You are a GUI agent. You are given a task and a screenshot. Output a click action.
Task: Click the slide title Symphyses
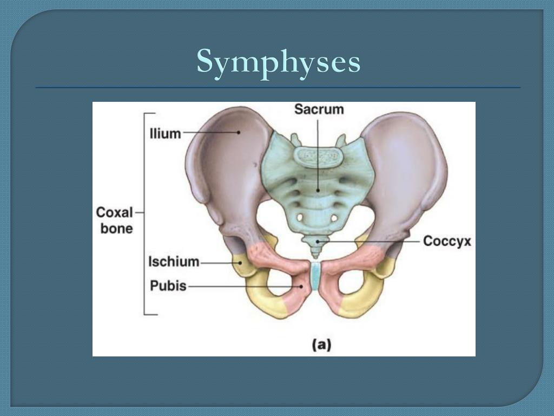pos(278,61)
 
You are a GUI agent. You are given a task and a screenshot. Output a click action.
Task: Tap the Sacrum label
pos(319,109)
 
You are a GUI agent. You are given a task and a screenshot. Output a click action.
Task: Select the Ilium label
pos(165,133)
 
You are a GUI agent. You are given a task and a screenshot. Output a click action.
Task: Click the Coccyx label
pos(447,241)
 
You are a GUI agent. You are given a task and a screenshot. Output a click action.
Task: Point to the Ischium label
pos(174,262)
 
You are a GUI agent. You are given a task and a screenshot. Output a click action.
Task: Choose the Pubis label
pos(168,285)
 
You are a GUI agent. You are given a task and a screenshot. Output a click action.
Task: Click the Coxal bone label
pos(115,220)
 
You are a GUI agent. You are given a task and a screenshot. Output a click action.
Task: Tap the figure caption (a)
pos(322,344)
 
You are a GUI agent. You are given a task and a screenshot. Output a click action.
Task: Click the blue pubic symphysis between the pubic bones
pos(315,276)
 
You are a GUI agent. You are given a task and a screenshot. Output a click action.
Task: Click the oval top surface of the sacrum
pos(319,156)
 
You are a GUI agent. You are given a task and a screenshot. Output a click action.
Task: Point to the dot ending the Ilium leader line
pos(238,132)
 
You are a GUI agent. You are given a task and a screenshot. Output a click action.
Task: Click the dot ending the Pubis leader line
pos(301,285)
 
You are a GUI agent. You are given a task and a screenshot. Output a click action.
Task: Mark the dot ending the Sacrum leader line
pos(319,190)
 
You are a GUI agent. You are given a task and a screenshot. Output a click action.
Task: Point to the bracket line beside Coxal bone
pos(144,213)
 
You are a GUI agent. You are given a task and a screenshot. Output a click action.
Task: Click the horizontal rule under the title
pos(278,87)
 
